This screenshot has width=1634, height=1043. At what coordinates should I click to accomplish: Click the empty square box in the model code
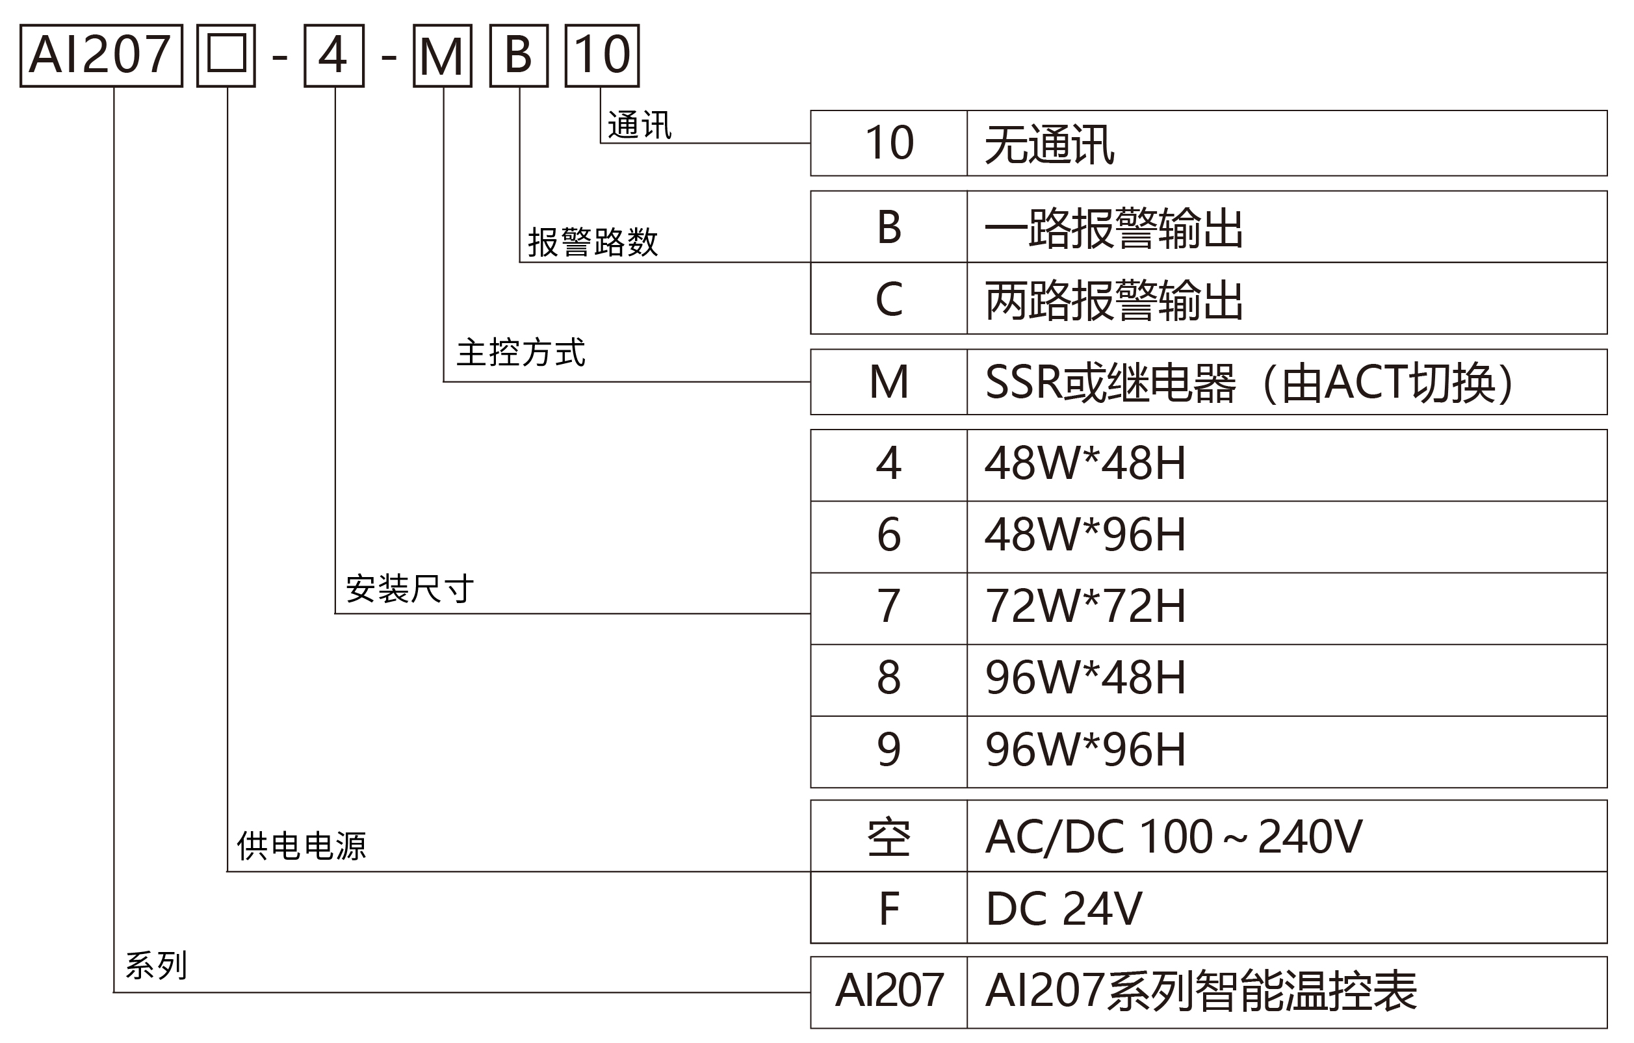pos(226,56)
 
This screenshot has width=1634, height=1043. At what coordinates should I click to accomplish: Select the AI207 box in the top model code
pos(101,56)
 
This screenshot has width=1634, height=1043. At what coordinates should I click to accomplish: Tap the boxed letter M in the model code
pos(443,56)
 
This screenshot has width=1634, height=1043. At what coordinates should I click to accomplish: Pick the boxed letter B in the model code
pos(519,56)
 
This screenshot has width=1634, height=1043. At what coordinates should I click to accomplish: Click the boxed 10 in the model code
pos(603,56)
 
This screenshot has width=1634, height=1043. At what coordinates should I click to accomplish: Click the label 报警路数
pos(593,242)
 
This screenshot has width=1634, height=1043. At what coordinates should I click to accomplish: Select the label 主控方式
pos(521,353)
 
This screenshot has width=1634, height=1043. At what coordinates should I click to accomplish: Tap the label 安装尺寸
pos(410,588)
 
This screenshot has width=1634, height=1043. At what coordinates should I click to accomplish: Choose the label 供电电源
pos(302,846)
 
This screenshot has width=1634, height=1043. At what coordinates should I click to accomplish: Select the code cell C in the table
pos(889,298)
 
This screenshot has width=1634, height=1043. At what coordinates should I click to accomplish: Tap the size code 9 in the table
pos(889,752)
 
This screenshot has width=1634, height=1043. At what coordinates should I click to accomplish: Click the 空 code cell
pos(889,836)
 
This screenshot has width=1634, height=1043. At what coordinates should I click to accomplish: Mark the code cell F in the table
pos(889,907)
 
